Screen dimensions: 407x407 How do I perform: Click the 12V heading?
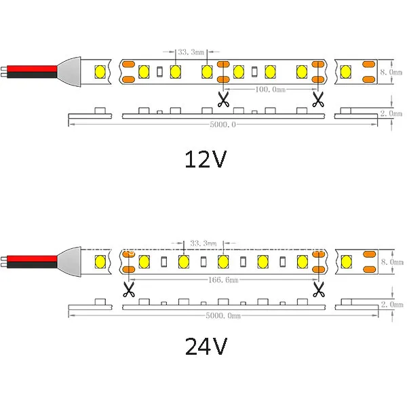coord(206,159)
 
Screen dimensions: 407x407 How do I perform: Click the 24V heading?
coord(206,346)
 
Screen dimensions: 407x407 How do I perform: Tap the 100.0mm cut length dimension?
coord(270,90)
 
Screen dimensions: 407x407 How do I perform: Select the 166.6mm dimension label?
coord(223,279)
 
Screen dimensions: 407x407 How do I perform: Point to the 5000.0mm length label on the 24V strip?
coord(223,315)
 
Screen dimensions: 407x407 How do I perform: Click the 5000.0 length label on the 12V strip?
coord(222,125)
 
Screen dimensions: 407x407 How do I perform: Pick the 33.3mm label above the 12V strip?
coord(191,52)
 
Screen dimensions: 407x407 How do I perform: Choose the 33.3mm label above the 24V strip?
coord(203,244)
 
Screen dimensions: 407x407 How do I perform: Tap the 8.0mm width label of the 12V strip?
coord(391,72)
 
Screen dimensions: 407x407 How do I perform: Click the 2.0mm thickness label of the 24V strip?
coord(392,304)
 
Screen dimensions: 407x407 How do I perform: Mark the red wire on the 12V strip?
coord(32,69)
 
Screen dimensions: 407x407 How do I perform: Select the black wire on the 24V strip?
coord(32,265)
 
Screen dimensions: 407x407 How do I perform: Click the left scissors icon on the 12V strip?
coord(223,99)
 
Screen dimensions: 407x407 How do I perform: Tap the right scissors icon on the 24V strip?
coord(319,290)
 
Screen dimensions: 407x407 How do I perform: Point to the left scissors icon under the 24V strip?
coord(129,290)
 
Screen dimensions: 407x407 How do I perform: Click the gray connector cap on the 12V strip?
coord(69,72)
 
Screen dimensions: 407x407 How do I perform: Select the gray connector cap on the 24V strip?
coord(69,262)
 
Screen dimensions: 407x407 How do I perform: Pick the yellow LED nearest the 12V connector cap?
coord(100,72)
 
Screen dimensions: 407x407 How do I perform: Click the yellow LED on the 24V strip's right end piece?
coord(346,262)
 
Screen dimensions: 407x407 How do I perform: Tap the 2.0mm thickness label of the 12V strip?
coord(391,113)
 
